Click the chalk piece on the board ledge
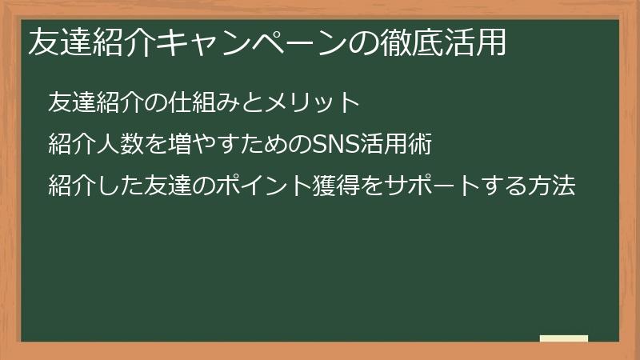(x=563, y=338)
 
